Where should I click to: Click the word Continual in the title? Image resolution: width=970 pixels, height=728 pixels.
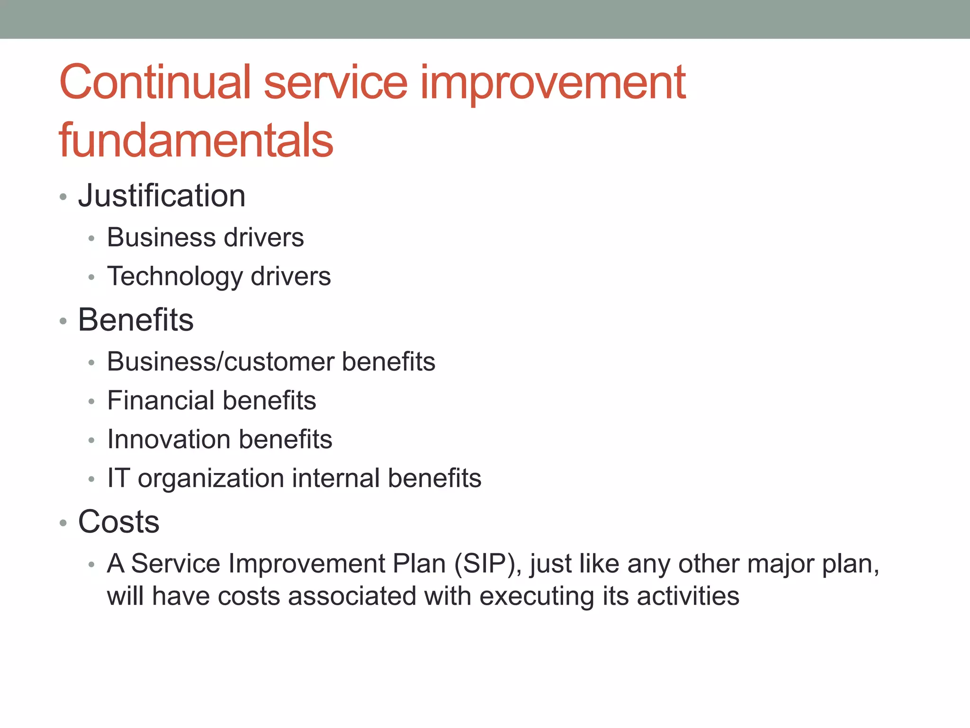point(154,82)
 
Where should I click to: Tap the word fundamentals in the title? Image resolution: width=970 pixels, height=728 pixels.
point(196,140)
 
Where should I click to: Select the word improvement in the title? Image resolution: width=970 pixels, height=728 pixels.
point(553,84)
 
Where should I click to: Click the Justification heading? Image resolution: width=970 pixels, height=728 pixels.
point(162,196)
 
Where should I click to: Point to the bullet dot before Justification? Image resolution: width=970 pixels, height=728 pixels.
point(63,197)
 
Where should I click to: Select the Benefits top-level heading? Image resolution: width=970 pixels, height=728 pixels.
point(136,320)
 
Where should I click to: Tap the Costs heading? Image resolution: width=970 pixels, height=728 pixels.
point(118,522)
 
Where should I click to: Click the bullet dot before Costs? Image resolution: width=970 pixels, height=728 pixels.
point(63,523)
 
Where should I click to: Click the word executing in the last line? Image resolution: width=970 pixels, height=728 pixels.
point(537,597)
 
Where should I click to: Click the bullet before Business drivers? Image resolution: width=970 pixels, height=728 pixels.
point(92,238)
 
